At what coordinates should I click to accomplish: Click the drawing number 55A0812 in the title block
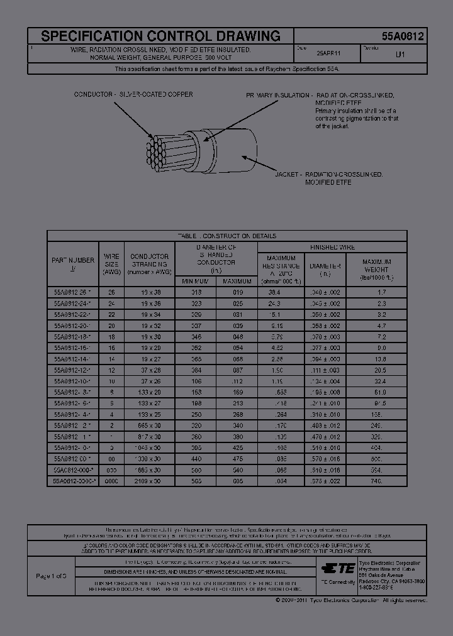[x=403, y=36]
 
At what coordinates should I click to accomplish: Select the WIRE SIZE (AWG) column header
[x=111, y=265]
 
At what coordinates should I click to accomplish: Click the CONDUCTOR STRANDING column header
[x=149, y=265]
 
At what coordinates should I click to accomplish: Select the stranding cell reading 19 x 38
[x=150, y=292]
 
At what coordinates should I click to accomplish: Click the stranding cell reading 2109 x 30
[x=150, y=480]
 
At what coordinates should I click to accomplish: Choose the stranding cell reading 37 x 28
[x=150, y=370]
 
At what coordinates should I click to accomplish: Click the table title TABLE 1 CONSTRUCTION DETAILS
[x=226, y=236]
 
